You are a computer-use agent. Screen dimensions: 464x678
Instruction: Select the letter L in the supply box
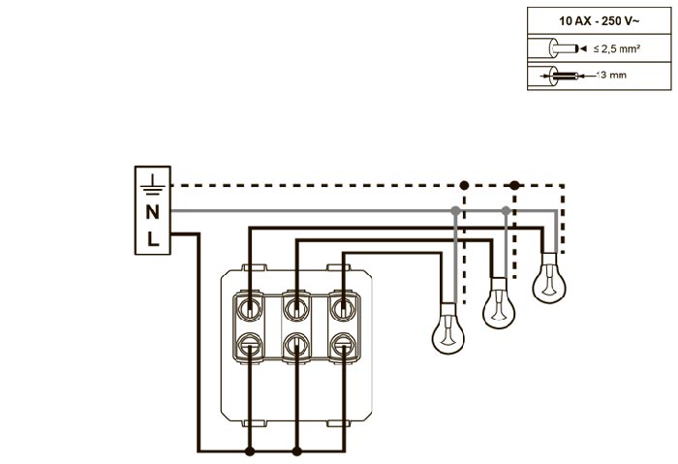(152, 238)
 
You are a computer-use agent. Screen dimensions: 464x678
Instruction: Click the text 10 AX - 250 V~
(590, 20)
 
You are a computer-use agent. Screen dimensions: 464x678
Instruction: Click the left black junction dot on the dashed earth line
(464, 184)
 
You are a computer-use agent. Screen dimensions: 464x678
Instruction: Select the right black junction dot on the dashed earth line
(514, 184)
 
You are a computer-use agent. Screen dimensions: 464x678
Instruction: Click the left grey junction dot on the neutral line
(455, 210)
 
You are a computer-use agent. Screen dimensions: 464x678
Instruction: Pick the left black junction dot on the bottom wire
(250, 451)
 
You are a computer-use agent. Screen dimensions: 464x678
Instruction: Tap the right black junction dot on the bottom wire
(295, 451)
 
